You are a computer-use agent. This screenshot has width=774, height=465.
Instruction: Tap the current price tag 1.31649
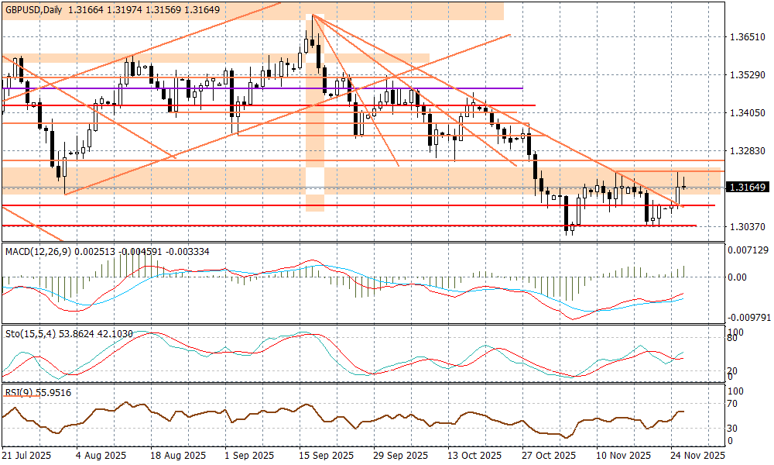tap(747, 187)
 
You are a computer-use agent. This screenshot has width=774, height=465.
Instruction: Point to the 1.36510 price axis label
tap(747, 37)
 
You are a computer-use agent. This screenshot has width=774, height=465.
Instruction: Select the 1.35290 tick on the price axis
tap(747, 75)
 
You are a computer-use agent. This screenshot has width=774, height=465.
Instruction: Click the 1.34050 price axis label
tap(747, 112)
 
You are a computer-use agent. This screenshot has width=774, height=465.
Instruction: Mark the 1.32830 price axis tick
tap(747, 150)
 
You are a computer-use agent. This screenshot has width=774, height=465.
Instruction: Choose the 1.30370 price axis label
tap(747, 226)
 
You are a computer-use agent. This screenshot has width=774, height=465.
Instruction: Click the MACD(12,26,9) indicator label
tap(38, 252)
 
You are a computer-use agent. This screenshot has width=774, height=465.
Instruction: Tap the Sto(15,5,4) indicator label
tap(31, 333)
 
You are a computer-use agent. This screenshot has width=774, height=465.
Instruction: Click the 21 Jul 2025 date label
tap(27, 456)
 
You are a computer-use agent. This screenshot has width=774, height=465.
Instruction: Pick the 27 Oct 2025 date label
tap(548, 456)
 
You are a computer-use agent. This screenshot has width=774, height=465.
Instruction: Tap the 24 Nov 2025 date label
tap(697, 456)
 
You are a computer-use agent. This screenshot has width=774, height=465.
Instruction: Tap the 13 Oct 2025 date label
tap(473, 456)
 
